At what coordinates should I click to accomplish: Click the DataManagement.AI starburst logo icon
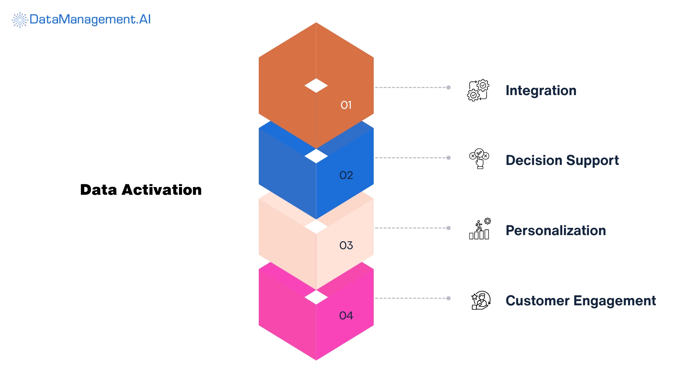tap(20, 20)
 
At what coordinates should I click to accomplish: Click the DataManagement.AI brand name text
tap(90, 19)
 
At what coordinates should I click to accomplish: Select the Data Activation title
tap(141, 190)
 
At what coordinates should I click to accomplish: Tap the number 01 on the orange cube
tap(346, 105)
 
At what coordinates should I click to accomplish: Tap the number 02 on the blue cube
tap(346, 175)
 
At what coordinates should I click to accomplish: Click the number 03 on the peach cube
tap(346, 245)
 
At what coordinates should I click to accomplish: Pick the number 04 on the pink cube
tap(346, 315)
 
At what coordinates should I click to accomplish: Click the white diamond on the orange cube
tap(316, 86)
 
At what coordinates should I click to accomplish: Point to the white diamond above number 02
tap(316, 156)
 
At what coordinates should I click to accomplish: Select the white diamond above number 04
tap(316, 297)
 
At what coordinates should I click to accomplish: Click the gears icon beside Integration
tap(478, 90)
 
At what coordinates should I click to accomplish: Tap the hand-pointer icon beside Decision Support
tap(479, 159)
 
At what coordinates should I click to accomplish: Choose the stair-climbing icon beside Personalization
tap(480, 229)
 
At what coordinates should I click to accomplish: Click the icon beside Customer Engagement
tap(481, 300)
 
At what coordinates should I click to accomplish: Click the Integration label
tap(541, 91)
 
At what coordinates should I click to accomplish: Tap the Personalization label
tap(555, 231)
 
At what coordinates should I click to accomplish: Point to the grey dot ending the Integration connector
tap(449, 87)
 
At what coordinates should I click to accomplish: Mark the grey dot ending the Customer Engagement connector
tap(449, 298)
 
